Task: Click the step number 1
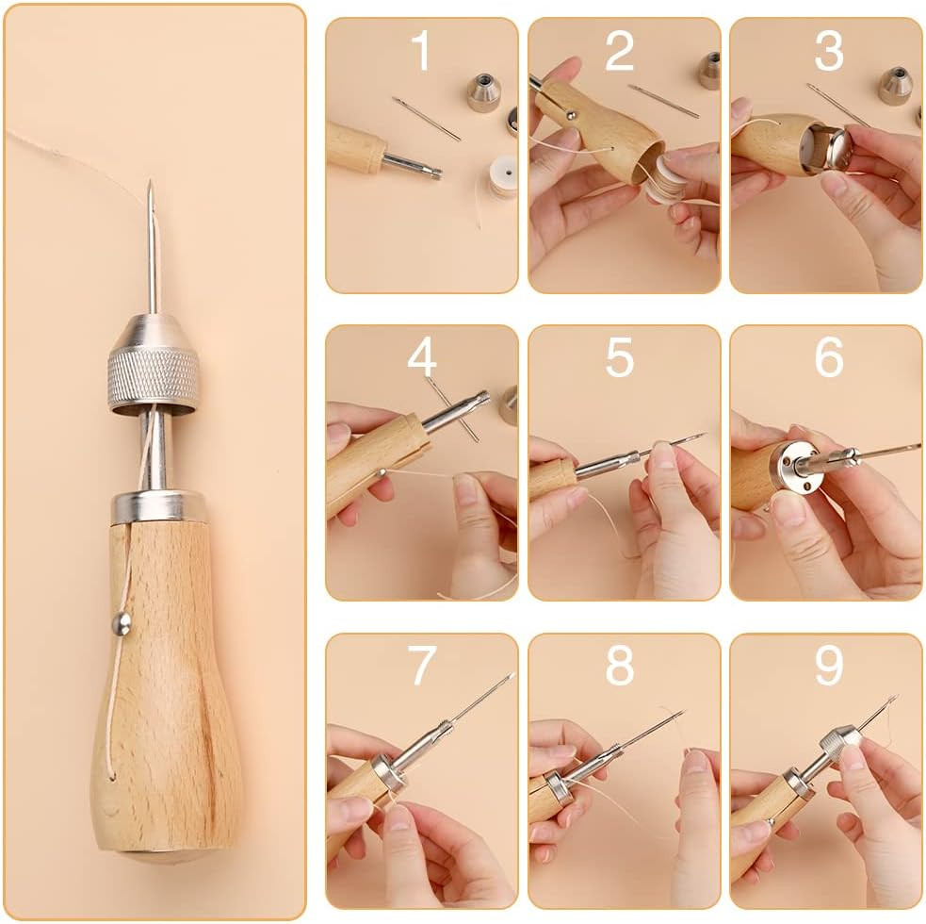421,51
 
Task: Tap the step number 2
619,51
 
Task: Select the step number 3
828,51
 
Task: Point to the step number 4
421,358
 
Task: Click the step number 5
619,358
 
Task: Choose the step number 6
828,358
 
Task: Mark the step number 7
421,667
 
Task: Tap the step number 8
619,667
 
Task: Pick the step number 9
828,667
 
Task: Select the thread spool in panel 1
503,175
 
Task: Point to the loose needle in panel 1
427,119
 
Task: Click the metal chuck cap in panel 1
483,92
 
